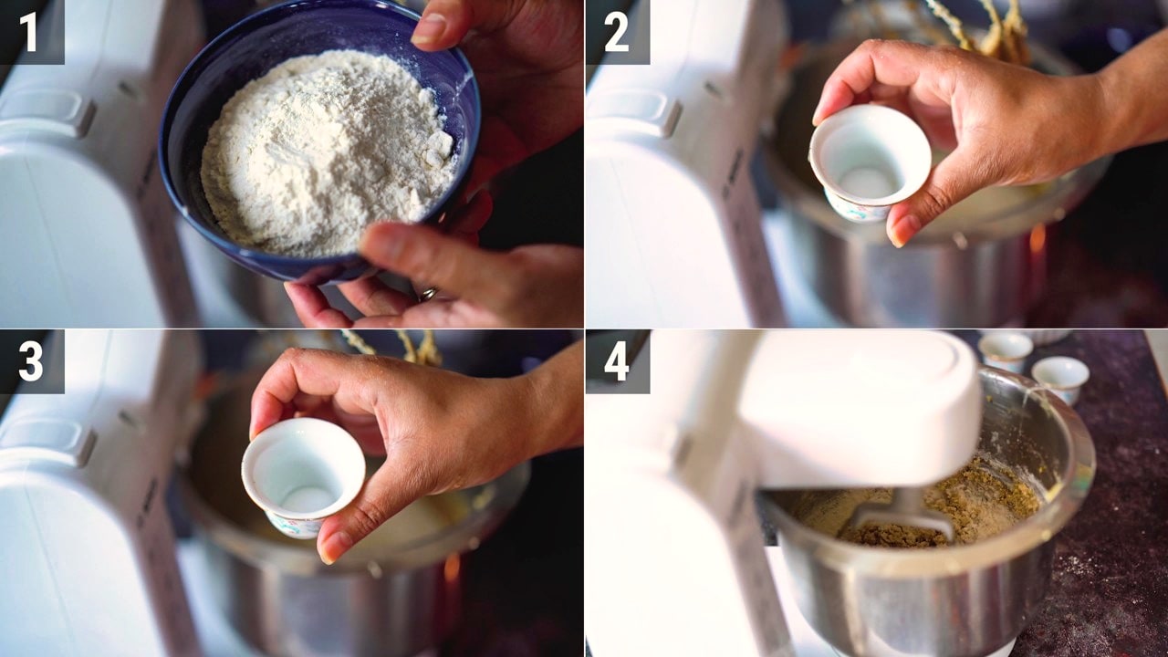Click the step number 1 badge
point(32,32)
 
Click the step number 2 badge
point(618,32)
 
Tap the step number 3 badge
point(32,361)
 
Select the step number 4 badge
point(618,361)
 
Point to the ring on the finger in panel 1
point(429,294)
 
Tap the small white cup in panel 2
point(870,162)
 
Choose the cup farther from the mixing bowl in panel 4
point(1006,351)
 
